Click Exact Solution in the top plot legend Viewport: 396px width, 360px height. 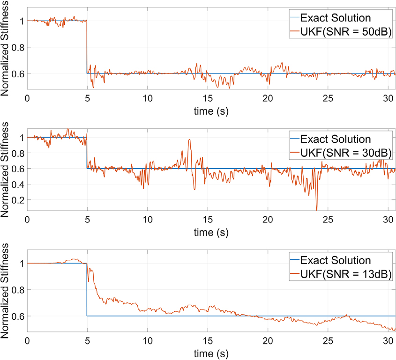pos(336,18)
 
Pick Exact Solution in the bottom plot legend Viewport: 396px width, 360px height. pos(336,260)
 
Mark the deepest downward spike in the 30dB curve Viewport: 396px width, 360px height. pos(317,210)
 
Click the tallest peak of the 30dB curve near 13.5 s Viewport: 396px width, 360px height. pos(189,140)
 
